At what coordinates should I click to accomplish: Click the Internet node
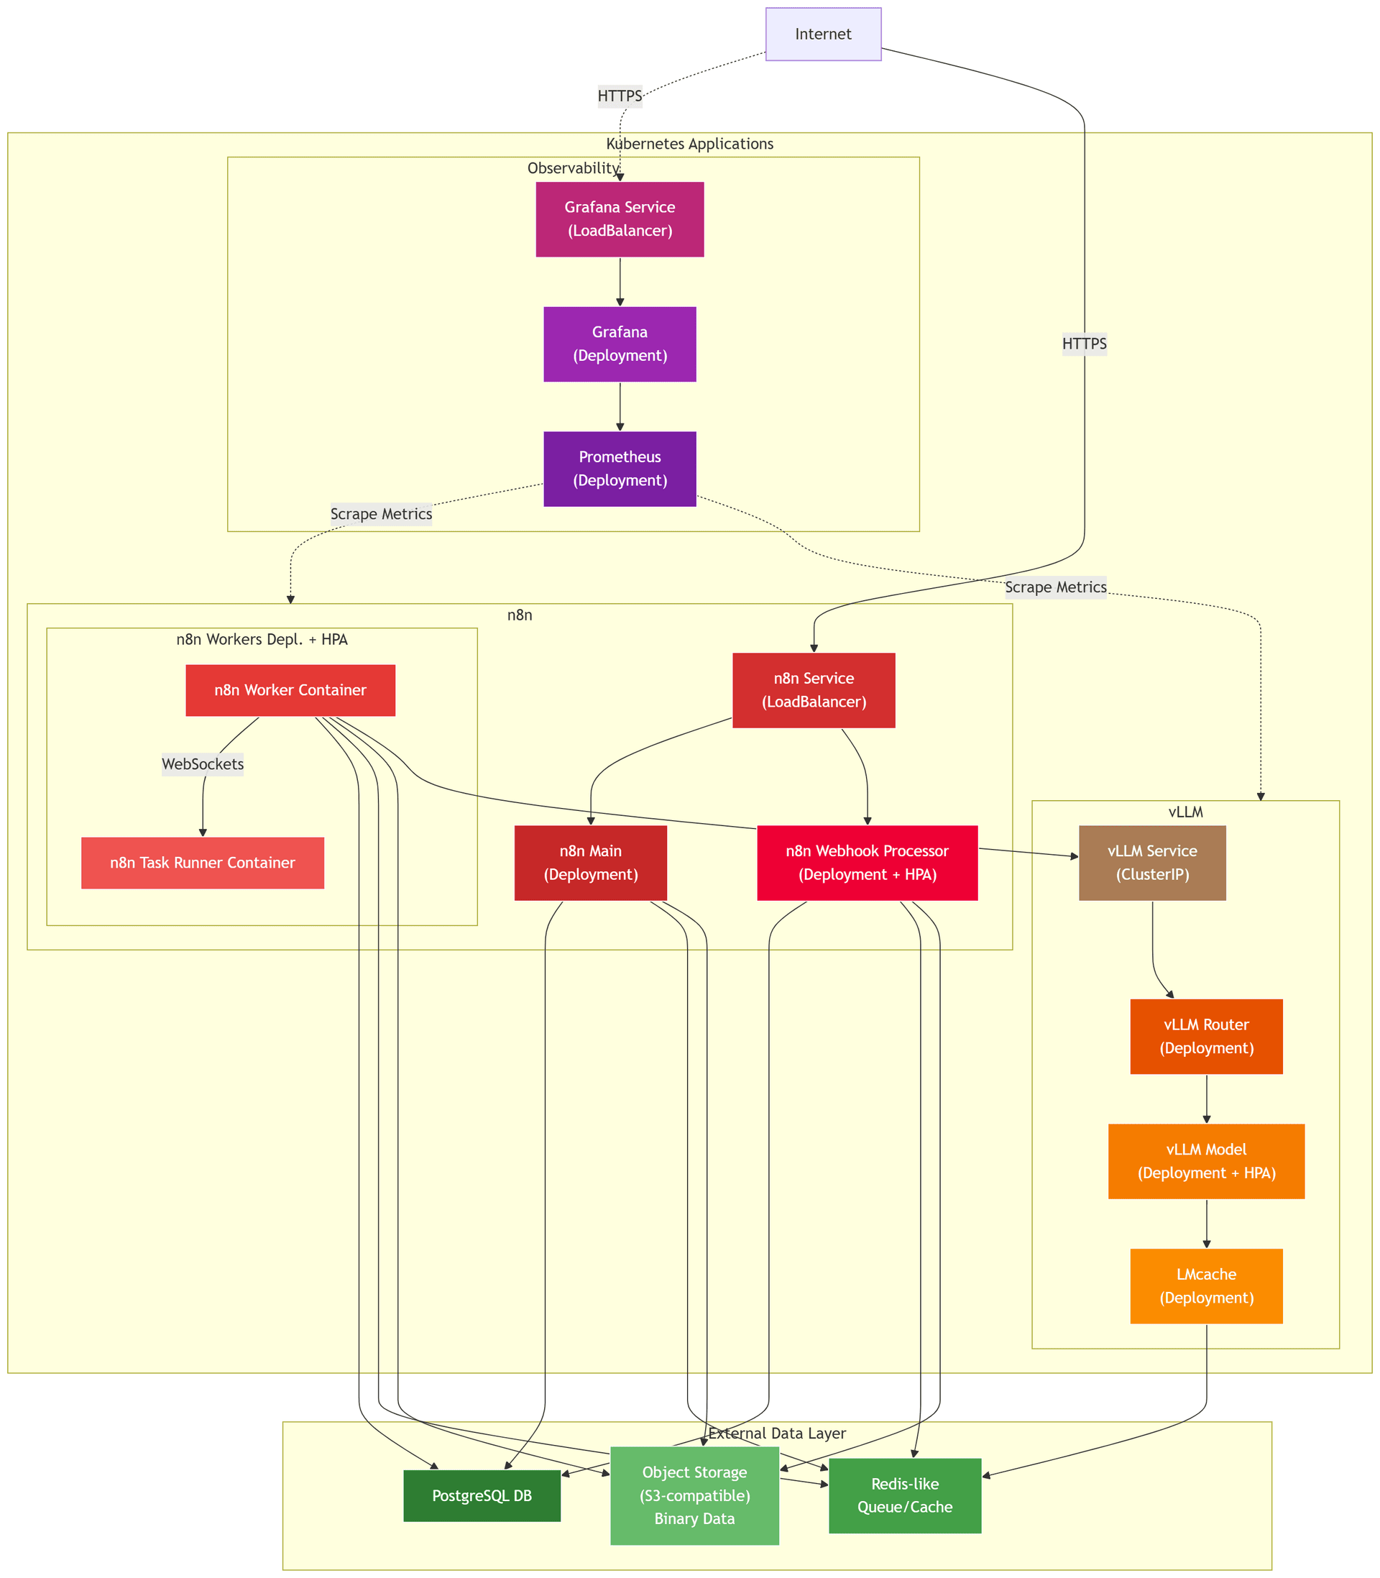(x=822, y=34)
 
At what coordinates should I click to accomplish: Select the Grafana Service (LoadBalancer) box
(x=619, y=219)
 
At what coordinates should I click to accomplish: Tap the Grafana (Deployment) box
(x=619, y=344)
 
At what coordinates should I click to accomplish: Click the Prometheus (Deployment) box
(x=619, y=468)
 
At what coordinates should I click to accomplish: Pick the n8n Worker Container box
(x=290, y=690)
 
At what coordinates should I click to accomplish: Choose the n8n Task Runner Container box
(x=203, y=863)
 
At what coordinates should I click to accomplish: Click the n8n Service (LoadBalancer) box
(x=813, y=690)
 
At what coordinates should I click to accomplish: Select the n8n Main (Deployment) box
(x=590, y=863)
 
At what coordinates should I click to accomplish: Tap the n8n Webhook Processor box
(x=867, y=863)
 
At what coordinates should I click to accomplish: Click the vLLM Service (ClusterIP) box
(x=1152, y=863)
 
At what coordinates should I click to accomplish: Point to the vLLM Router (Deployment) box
(x=1206, y=1036)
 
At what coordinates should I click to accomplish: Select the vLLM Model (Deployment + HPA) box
(x=1206, y=1160)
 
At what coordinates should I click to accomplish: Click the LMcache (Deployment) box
(x=1206, y=1285)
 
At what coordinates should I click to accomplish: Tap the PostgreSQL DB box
(x=482, y=1495)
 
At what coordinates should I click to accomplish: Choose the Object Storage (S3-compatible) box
(x=694, y=1495)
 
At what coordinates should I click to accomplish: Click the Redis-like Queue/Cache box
(x=904, y=1495)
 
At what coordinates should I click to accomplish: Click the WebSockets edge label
(x=203, y=764)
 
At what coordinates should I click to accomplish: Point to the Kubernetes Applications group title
(x=689, y=144)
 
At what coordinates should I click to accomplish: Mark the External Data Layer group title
(x=776, y=1433)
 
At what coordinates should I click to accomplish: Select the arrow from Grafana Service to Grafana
(x=620, y=282)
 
